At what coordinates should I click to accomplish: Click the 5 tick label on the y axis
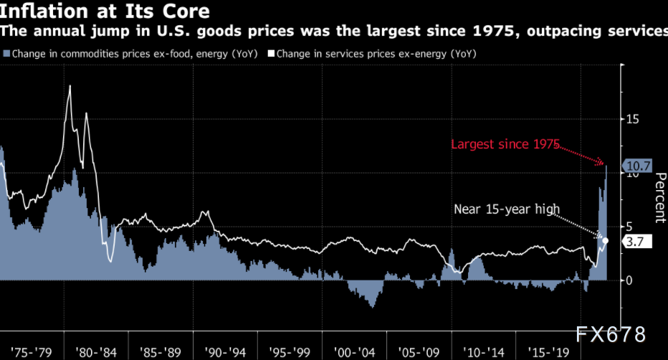(x=630, y=225)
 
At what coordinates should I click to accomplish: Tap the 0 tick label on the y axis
(x=630, y=280)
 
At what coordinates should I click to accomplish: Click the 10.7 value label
(x=636, y=167)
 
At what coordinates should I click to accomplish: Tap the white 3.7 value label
(x=636, y=242)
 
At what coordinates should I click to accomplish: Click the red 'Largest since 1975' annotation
(x=504, y=144)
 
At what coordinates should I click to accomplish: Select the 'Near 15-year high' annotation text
(x=505, y=209)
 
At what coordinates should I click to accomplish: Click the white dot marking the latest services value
(x=606, y=241)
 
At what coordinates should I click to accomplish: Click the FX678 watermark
(x=611, y=334)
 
